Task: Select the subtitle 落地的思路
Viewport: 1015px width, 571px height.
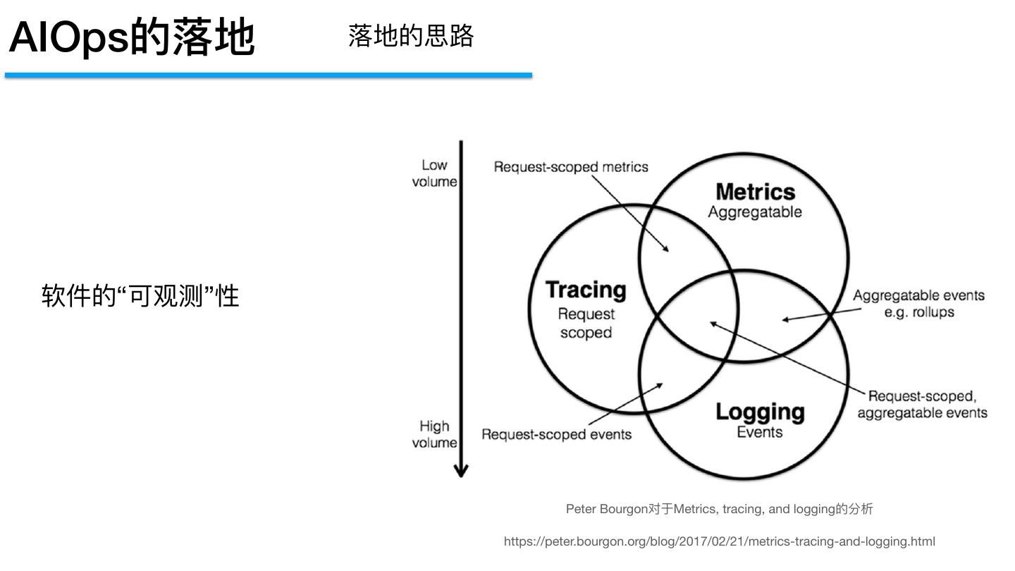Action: coord(410,35)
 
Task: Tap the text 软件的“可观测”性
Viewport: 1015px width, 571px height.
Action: coord(141,296)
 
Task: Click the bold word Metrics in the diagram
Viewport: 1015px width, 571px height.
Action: coord(755,192)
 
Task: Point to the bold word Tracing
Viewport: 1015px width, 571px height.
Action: coord(586,290)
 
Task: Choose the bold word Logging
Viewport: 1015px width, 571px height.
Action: coord(760,412)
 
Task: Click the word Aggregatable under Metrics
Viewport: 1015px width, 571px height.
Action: coord(755,212)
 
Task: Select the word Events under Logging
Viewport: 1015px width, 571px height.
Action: coord(760,432)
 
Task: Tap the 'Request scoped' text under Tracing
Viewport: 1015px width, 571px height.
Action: coord(586,323)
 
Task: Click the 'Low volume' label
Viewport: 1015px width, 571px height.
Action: coord(434,173)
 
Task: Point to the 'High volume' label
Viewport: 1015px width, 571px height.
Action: coord(434,434)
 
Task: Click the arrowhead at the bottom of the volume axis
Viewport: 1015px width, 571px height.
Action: coord(461,470)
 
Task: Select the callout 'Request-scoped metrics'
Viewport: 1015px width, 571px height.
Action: coord(571,167)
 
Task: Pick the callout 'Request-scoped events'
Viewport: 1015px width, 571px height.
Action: coord(556,434)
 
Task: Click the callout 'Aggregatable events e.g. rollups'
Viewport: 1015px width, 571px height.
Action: coord(918,304)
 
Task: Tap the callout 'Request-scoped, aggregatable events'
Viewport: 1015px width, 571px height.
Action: coord(922,405)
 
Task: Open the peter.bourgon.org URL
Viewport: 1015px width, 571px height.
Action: coord(719,541)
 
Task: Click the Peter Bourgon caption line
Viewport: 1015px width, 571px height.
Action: coord(719,509)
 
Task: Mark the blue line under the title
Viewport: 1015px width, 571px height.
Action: coord(268,75)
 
